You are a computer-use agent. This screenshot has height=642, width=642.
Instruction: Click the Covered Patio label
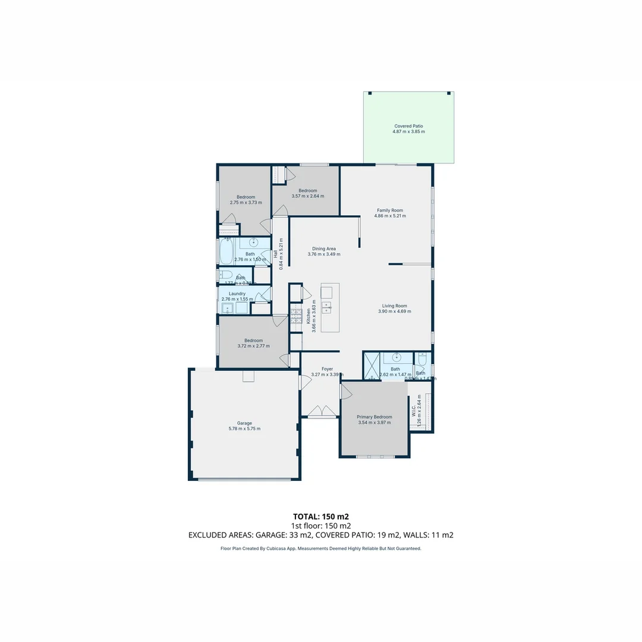[x=409, y=126]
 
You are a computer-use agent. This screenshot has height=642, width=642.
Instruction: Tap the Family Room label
[x=390, y=210]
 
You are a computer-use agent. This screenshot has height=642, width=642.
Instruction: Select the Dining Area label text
[x=324, y=248]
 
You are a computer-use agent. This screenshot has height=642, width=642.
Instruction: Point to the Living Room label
[x=394, y=306]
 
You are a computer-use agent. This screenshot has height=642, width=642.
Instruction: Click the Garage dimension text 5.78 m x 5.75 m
[x=244, y=429]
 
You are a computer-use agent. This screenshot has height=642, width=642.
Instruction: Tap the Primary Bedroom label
[x=374, y=417]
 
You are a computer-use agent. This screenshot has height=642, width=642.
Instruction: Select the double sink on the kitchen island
[x=326, y=307]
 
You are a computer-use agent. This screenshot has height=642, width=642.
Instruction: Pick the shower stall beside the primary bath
[x=372, y=366]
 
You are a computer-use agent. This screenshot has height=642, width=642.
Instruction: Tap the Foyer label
[x=327, y=369]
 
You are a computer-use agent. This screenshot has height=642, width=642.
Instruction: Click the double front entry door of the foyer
[x=320, y=411]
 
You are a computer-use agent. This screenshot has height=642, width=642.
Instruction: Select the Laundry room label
[x=237, y=294]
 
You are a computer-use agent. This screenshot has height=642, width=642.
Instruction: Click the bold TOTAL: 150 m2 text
[x=320, y=516]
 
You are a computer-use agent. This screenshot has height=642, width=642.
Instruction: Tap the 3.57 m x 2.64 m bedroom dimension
[x=308, y=196]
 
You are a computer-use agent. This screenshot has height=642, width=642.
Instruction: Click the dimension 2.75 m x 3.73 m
[x=246, y=203]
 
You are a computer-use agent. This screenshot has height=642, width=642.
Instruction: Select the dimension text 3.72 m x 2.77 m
[x=253, y=346]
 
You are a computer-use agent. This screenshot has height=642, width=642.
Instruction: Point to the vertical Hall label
[x=276, y=254]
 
